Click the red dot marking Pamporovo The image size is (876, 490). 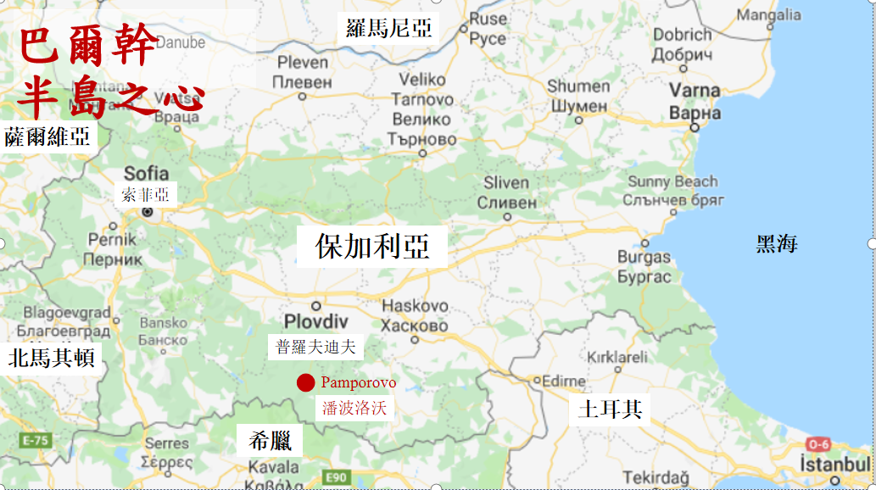[x=306, y=383]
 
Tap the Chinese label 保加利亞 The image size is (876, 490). [x=372, y=246]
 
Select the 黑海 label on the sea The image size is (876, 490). [x=777, y=244]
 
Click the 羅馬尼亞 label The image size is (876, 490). [x=390, y=28]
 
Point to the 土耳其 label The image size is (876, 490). [x=610, y=409]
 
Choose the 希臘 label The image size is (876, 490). [x=270, y=441]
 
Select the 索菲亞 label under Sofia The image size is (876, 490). [x=146, y=194]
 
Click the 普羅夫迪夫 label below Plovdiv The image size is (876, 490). [x=315, y=346]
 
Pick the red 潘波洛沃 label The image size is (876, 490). [x=354, y=408]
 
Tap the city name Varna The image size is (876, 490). [x=695, y=91]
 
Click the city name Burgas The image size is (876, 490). [x=644, y=257]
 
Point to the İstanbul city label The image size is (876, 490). [x=836, y=465]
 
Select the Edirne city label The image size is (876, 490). [x=564, y=381]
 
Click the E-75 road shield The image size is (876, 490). [x=35, y=441]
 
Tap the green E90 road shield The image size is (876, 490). [x=337, y=478]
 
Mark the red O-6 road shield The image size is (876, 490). [x=818, y=443]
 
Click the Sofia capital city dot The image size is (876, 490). [x=147, y=212]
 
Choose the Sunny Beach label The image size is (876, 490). [x=672, y=181]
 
